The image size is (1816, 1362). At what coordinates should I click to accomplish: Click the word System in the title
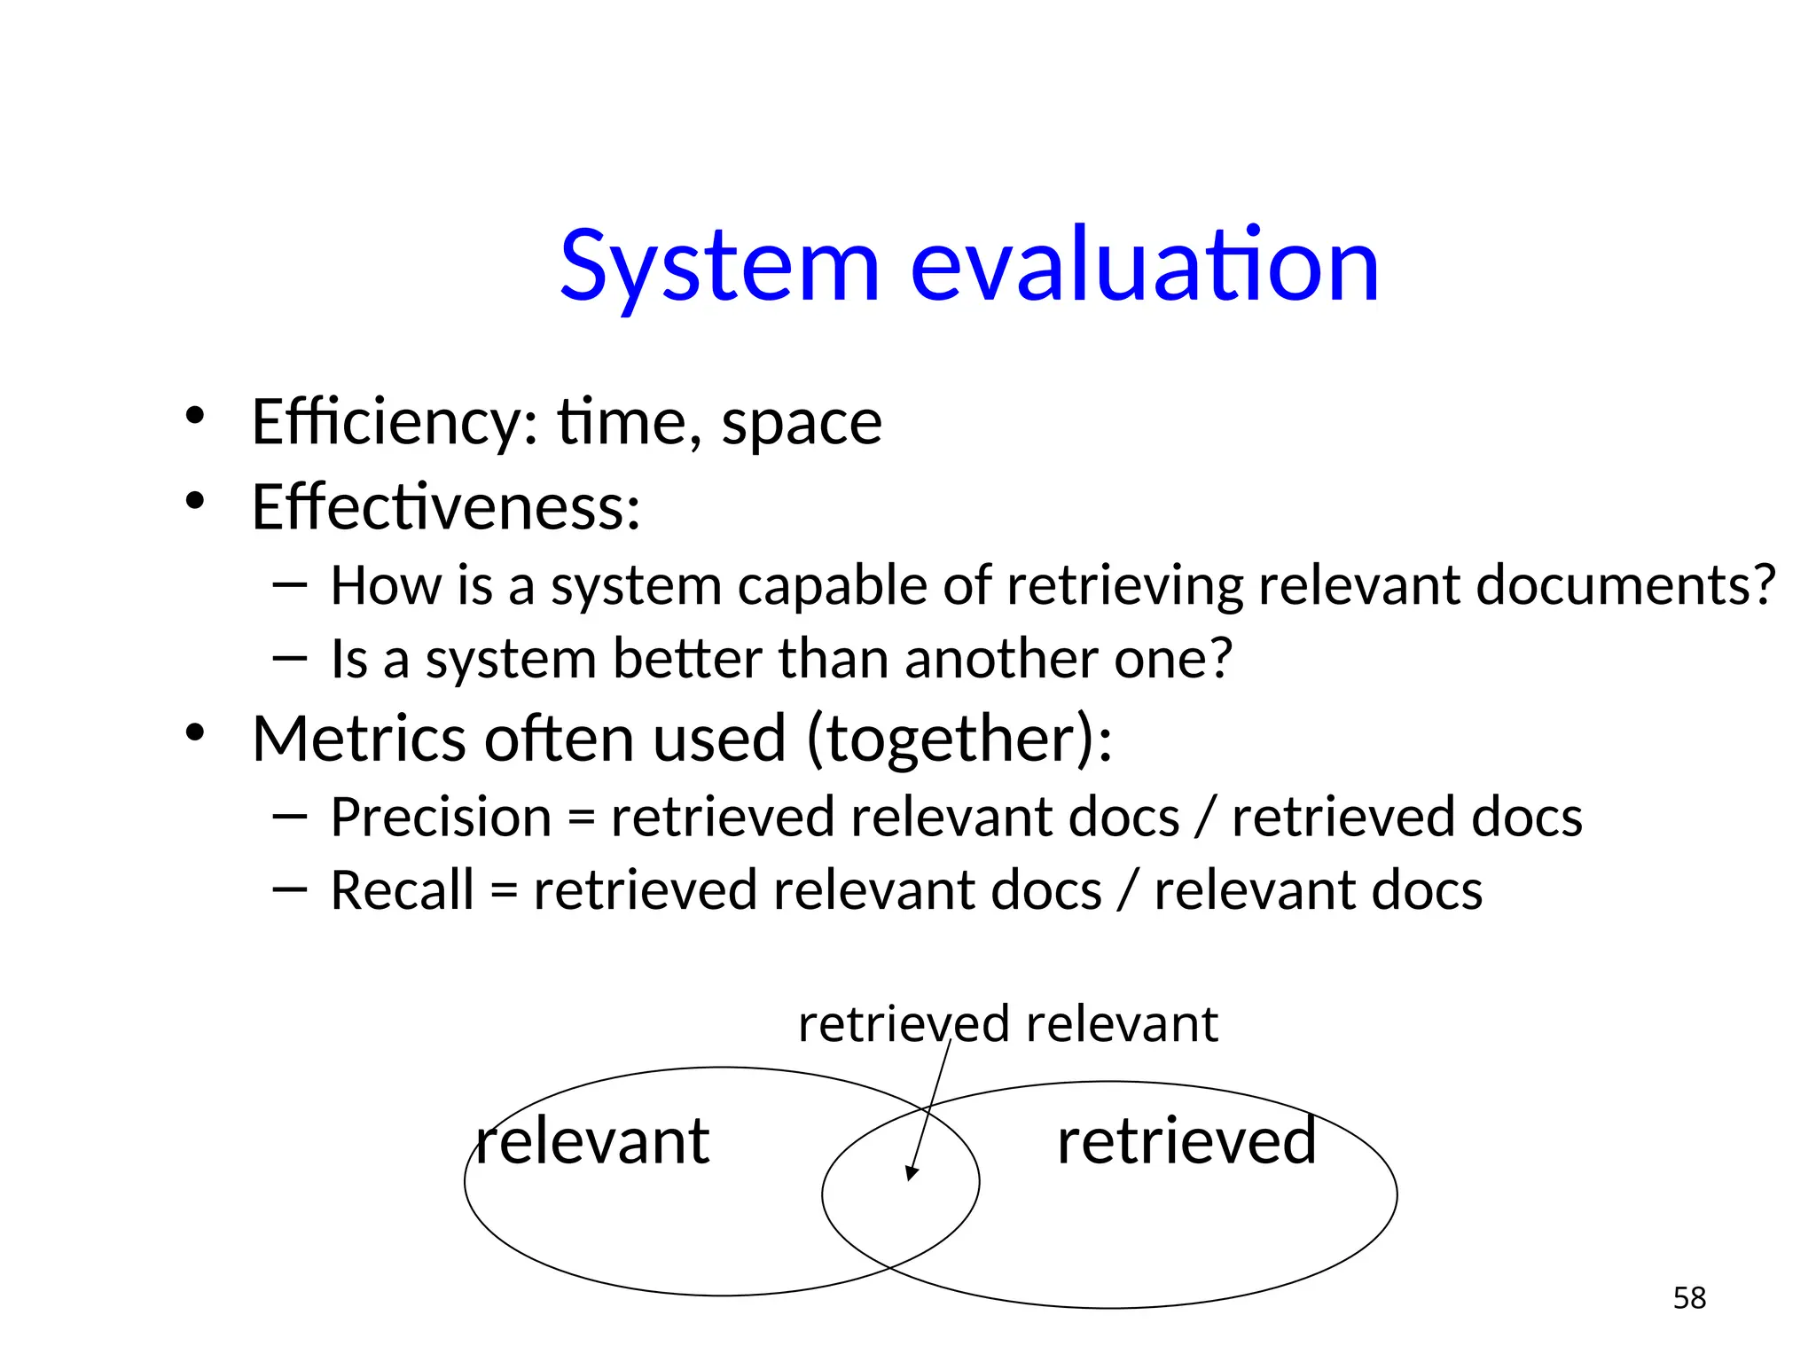tap(719, 266)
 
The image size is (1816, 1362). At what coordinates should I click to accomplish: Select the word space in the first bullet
tap(802, 424)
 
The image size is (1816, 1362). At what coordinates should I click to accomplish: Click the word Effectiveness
tap(445, 507)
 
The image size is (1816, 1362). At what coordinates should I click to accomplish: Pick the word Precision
tap(441, 818)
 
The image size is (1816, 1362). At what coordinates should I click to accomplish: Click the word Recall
tap(402, 891)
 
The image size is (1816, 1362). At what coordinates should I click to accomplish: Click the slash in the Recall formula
tap(1127, 891)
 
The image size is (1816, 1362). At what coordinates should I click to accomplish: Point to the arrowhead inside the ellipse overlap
tap(911, 1172)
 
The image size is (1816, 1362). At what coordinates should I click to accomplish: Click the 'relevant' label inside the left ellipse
tap(592, 1141)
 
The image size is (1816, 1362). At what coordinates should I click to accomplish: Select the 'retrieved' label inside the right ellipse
tap(1186, 1141)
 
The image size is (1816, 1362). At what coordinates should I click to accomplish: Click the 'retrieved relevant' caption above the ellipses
tap(1008, 1025)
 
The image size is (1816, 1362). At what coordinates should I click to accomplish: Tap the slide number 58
tap(1689, 1298)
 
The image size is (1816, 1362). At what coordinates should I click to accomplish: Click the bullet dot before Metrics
tap(195, 733)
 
